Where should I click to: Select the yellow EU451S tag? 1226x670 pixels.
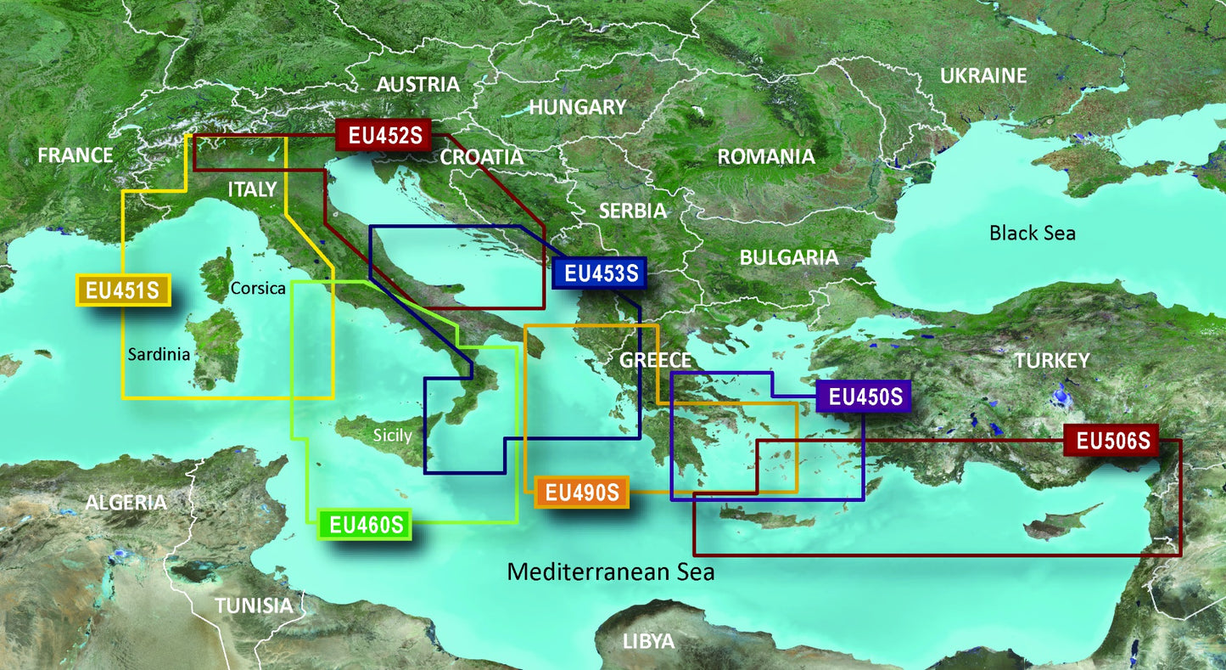[x=124, y=290]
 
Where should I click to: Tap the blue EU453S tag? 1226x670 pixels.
[x=599, y=273]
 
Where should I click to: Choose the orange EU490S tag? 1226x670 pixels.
[x=581, y=492]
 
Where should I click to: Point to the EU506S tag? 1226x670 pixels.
[x=1111, y=441]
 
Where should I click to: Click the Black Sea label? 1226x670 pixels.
[x=1032, y=232]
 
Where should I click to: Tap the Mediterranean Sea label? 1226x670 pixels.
[x=610, y=571]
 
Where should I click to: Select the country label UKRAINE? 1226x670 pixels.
[x=982, y=76]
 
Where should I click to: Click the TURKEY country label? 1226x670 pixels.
[x=1051, y=361]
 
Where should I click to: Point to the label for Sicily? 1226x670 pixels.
[x=392, y=436]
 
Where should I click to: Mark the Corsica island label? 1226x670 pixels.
[x=257, y=288]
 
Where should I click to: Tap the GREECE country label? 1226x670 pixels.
[x=655, y=359]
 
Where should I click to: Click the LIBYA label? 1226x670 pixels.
[x=648, y=640]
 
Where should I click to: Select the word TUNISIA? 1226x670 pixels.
[x=254, y=605]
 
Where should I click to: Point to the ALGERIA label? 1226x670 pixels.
[x=126, y=502]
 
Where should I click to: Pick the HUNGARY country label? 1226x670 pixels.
[x=577, y=107]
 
